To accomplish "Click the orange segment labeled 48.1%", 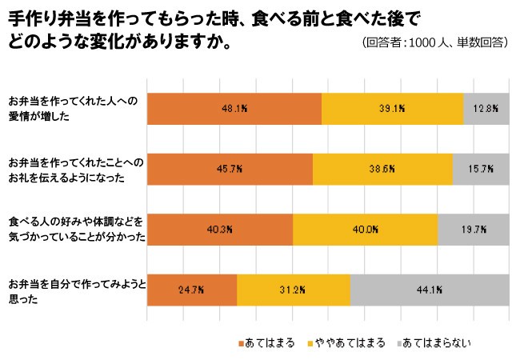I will (234, 109).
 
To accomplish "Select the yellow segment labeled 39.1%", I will (392, 109).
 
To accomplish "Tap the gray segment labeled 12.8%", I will (486, 109).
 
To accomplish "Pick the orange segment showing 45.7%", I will (230, 169).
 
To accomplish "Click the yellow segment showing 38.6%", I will (382, 169).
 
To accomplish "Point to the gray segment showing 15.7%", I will (481, 169).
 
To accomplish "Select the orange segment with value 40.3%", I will (220, 229).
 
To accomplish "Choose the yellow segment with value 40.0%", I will (365, 229).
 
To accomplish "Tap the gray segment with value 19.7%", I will (474, 229).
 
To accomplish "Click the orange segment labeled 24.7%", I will (192, 290).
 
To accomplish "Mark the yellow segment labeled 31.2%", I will (294, 290).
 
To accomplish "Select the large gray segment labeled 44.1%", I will (430, 290).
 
